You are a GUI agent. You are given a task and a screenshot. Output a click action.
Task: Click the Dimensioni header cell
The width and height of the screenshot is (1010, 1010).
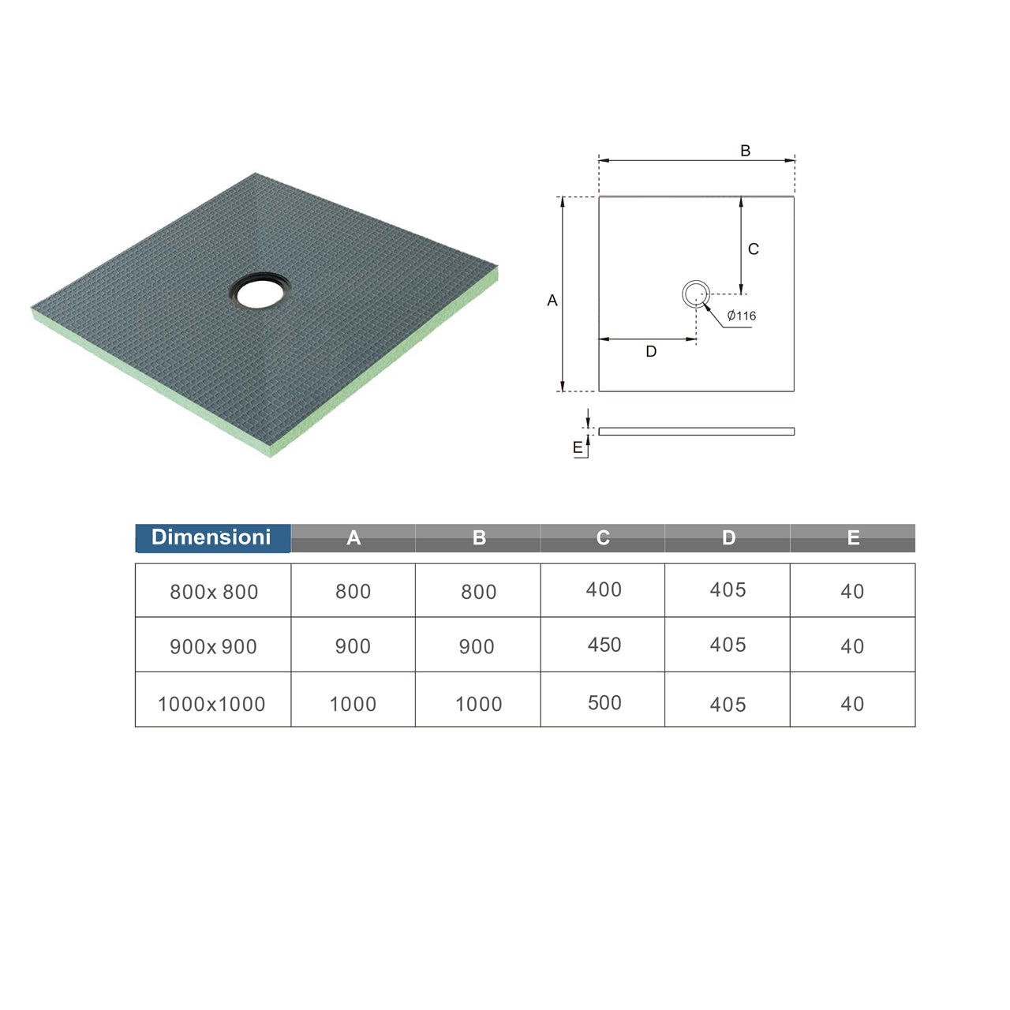(x=212, y=538)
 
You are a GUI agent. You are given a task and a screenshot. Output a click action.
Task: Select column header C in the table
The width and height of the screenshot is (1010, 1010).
(x=603, y=538)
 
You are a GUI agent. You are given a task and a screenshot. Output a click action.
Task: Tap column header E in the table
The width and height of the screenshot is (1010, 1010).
(x=853, y=538)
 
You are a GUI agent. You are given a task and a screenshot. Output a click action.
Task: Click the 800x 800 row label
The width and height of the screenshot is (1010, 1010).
(x=214, y=593)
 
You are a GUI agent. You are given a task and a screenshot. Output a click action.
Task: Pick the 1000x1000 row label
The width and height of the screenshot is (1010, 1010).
(x=211, y=704)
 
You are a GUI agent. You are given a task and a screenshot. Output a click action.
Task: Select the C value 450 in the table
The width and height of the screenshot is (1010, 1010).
(x=604, y=645)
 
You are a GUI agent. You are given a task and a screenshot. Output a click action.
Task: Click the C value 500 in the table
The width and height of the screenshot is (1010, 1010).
(x=604, y=703)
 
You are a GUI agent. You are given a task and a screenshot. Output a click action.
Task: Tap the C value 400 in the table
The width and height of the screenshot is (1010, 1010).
(x=604, y=589)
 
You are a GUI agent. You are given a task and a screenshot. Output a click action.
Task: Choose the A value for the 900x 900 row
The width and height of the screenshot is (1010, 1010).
(x=353, y=646)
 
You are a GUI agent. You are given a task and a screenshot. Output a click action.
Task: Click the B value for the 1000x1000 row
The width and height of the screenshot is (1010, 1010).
(x=478, y=704)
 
